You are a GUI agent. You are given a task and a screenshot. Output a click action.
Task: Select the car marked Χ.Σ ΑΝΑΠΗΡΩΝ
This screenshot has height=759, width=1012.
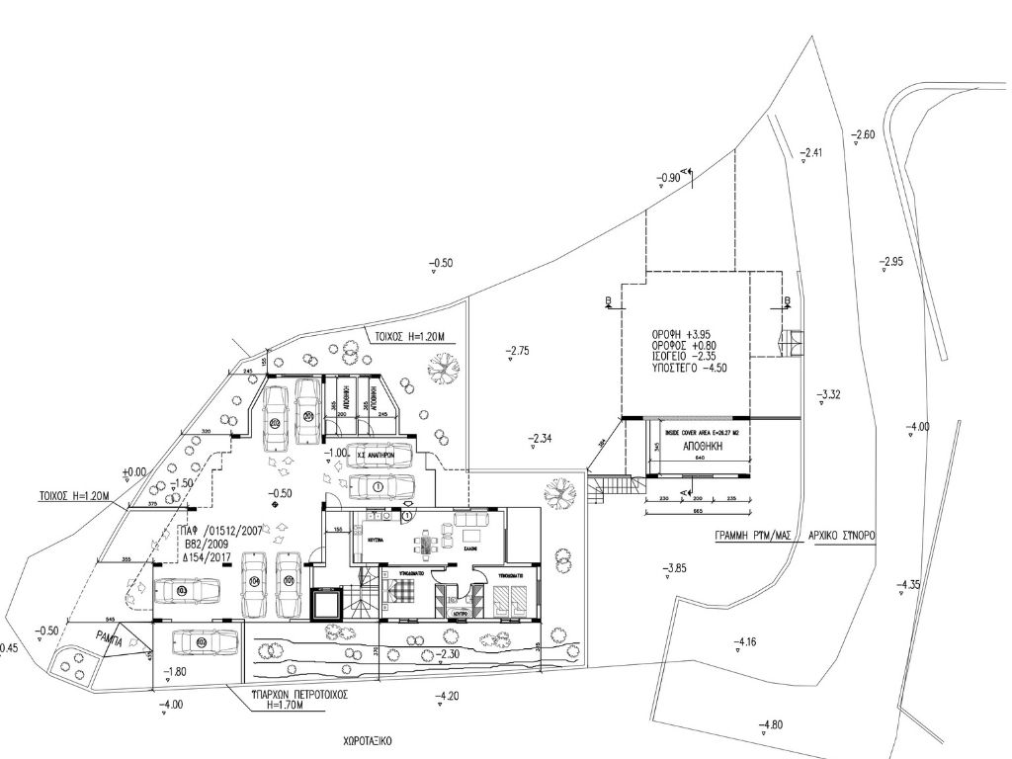click(376, 455)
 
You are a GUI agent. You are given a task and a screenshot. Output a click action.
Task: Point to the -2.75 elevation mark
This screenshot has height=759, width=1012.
click(518, 350)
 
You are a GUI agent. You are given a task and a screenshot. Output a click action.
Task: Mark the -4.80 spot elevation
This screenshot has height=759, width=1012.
click(770, 725)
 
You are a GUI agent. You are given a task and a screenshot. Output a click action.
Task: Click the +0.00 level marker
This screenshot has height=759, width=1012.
click(133, 472)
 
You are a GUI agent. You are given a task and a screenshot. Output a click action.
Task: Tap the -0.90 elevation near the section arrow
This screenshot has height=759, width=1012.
click(668, 178)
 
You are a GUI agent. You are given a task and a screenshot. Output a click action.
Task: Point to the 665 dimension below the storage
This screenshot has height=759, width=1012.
click(697, 513)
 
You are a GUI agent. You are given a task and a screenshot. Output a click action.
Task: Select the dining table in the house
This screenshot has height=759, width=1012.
click(425, 542)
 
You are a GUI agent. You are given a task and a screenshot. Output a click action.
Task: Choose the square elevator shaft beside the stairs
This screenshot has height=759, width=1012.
click(325, 603)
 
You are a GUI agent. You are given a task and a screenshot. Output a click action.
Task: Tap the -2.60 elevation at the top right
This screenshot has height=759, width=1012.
click(863, 134)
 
